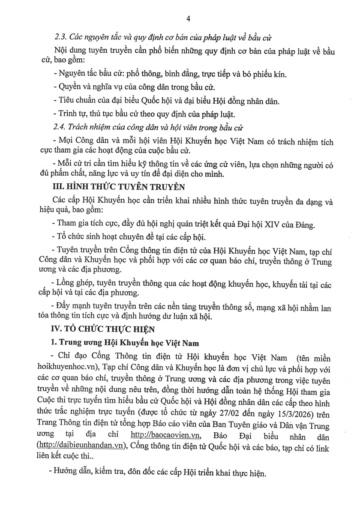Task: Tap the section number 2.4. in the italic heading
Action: [x=61, y=128]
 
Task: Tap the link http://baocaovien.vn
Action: [x=165, y=435]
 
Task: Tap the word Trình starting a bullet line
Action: [x=67, y=114]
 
